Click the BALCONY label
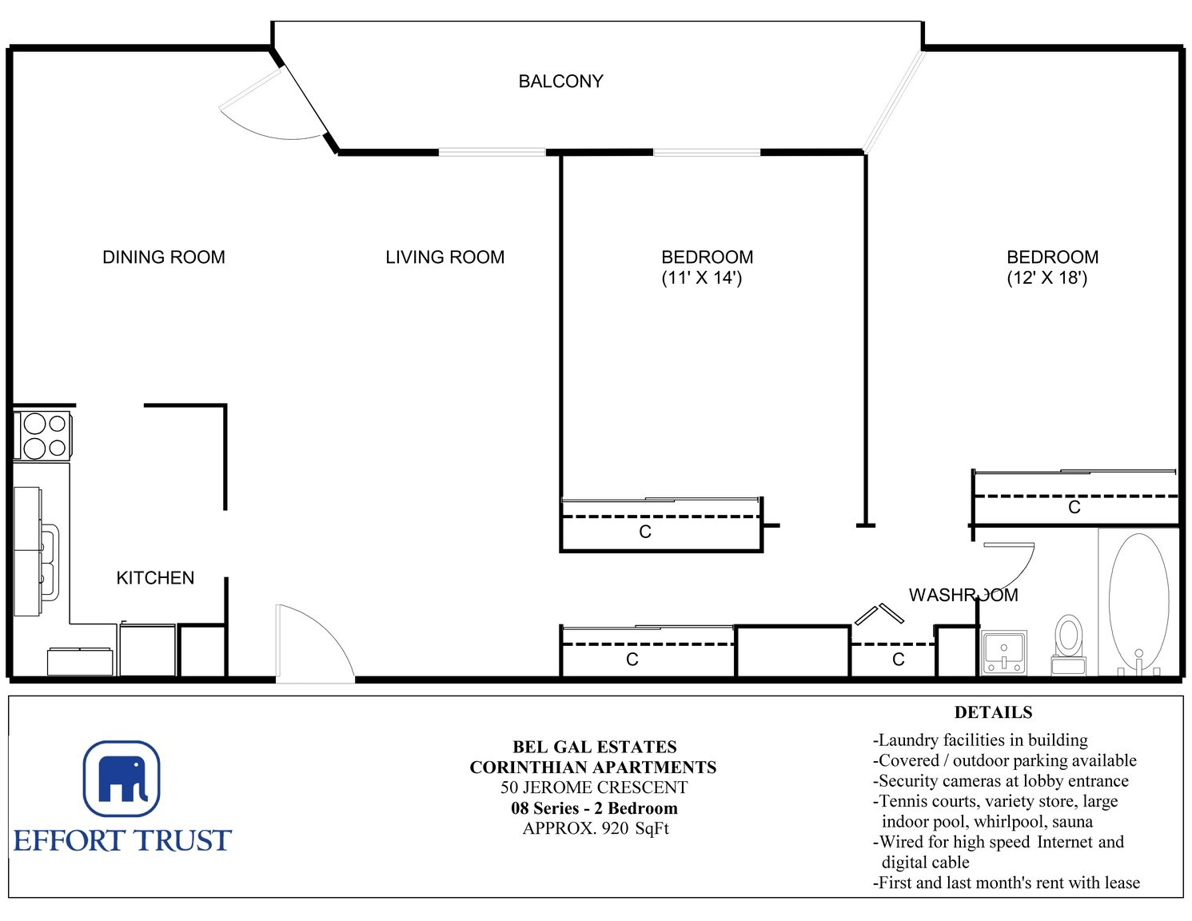pos(560,82)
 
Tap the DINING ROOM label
pos(164,257)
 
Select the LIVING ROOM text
pos(445,257)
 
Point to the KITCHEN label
pos(155,577)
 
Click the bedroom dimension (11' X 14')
pos(702,277)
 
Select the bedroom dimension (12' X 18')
pos(1046,277)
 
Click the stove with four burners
pos(42,435)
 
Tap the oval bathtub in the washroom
pos(1138,602)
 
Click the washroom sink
pos(1004,652)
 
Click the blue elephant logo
pos(122,779)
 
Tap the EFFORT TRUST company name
pos(122,841)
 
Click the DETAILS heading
pos(994,712)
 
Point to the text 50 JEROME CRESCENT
pos(593,787)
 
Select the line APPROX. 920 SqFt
pos(596,828)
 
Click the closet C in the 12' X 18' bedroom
pos(1074,508)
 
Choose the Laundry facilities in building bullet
pos(980,740)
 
